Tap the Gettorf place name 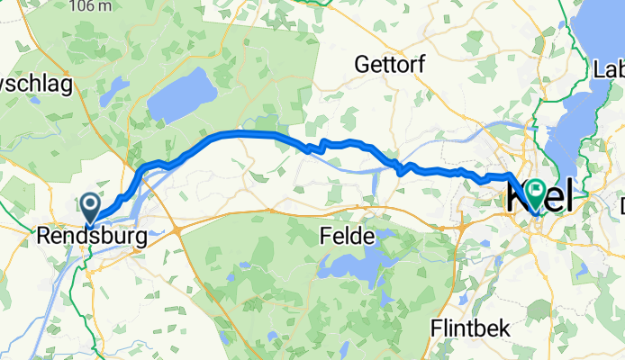(x=387, y=65)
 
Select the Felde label (x=346, y=237)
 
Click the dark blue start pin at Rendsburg (x=91, y=206)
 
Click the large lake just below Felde (x=357, y=266)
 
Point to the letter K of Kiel (x=519, y=198)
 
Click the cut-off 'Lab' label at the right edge (x=610, y=68)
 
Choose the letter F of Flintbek (x=435, y=328)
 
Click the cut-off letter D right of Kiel (x=621, y=207)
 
